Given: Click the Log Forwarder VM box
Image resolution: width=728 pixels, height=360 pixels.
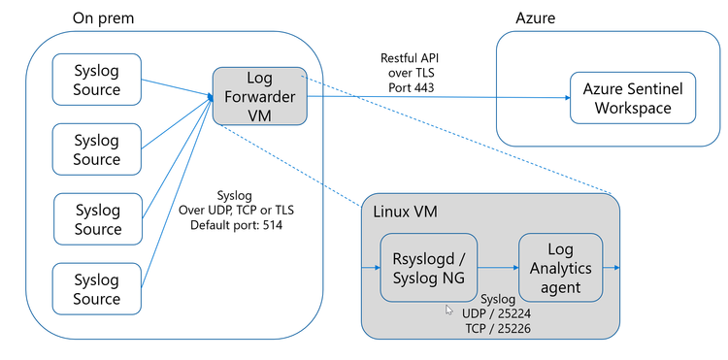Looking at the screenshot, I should pyautogui.click(x=259, y=96).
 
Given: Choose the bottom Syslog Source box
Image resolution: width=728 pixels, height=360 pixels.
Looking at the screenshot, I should pyautogui.click(x=97, y=289).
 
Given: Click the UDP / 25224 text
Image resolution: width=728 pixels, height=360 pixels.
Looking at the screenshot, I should pyautogui.click(x=496, y=315).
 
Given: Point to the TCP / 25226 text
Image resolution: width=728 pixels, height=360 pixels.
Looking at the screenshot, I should pyautogui.click(x=496, y=331).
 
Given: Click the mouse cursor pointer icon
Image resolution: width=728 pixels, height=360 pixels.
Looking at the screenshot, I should pyautogui.click(x=448, y=311).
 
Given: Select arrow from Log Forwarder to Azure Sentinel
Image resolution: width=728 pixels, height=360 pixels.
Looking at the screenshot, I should pyautogui.click(x=437, y=97).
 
